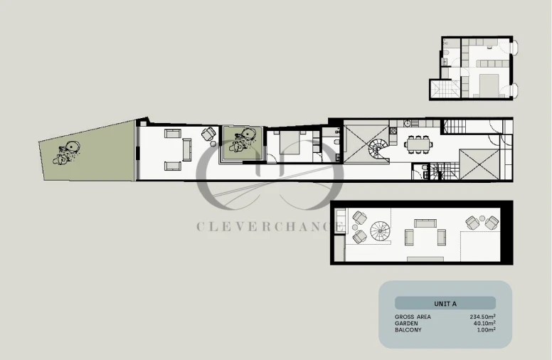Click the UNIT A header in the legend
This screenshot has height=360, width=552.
point(445,303)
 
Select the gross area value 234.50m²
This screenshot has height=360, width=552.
point(482,317)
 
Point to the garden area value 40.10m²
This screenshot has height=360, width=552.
point(484,323)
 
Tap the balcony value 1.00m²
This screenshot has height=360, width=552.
point(485,329)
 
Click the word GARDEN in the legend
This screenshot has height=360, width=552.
point(406,323)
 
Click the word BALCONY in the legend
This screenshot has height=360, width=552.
point(408,329)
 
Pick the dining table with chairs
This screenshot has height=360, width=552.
point(418,144)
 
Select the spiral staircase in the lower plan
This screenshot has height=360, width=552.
point(381,231)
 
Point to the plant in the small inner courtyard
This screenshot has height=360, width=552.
point(243,138)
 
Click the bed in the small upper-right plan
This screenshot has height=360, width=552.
point(487,84)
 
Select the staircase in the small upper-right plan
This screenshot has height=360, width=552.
point(444,90)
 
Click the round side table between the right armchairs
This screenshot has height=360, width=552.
point(482,219)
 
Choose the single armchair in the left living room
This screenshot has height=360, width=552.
point(208,134)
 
